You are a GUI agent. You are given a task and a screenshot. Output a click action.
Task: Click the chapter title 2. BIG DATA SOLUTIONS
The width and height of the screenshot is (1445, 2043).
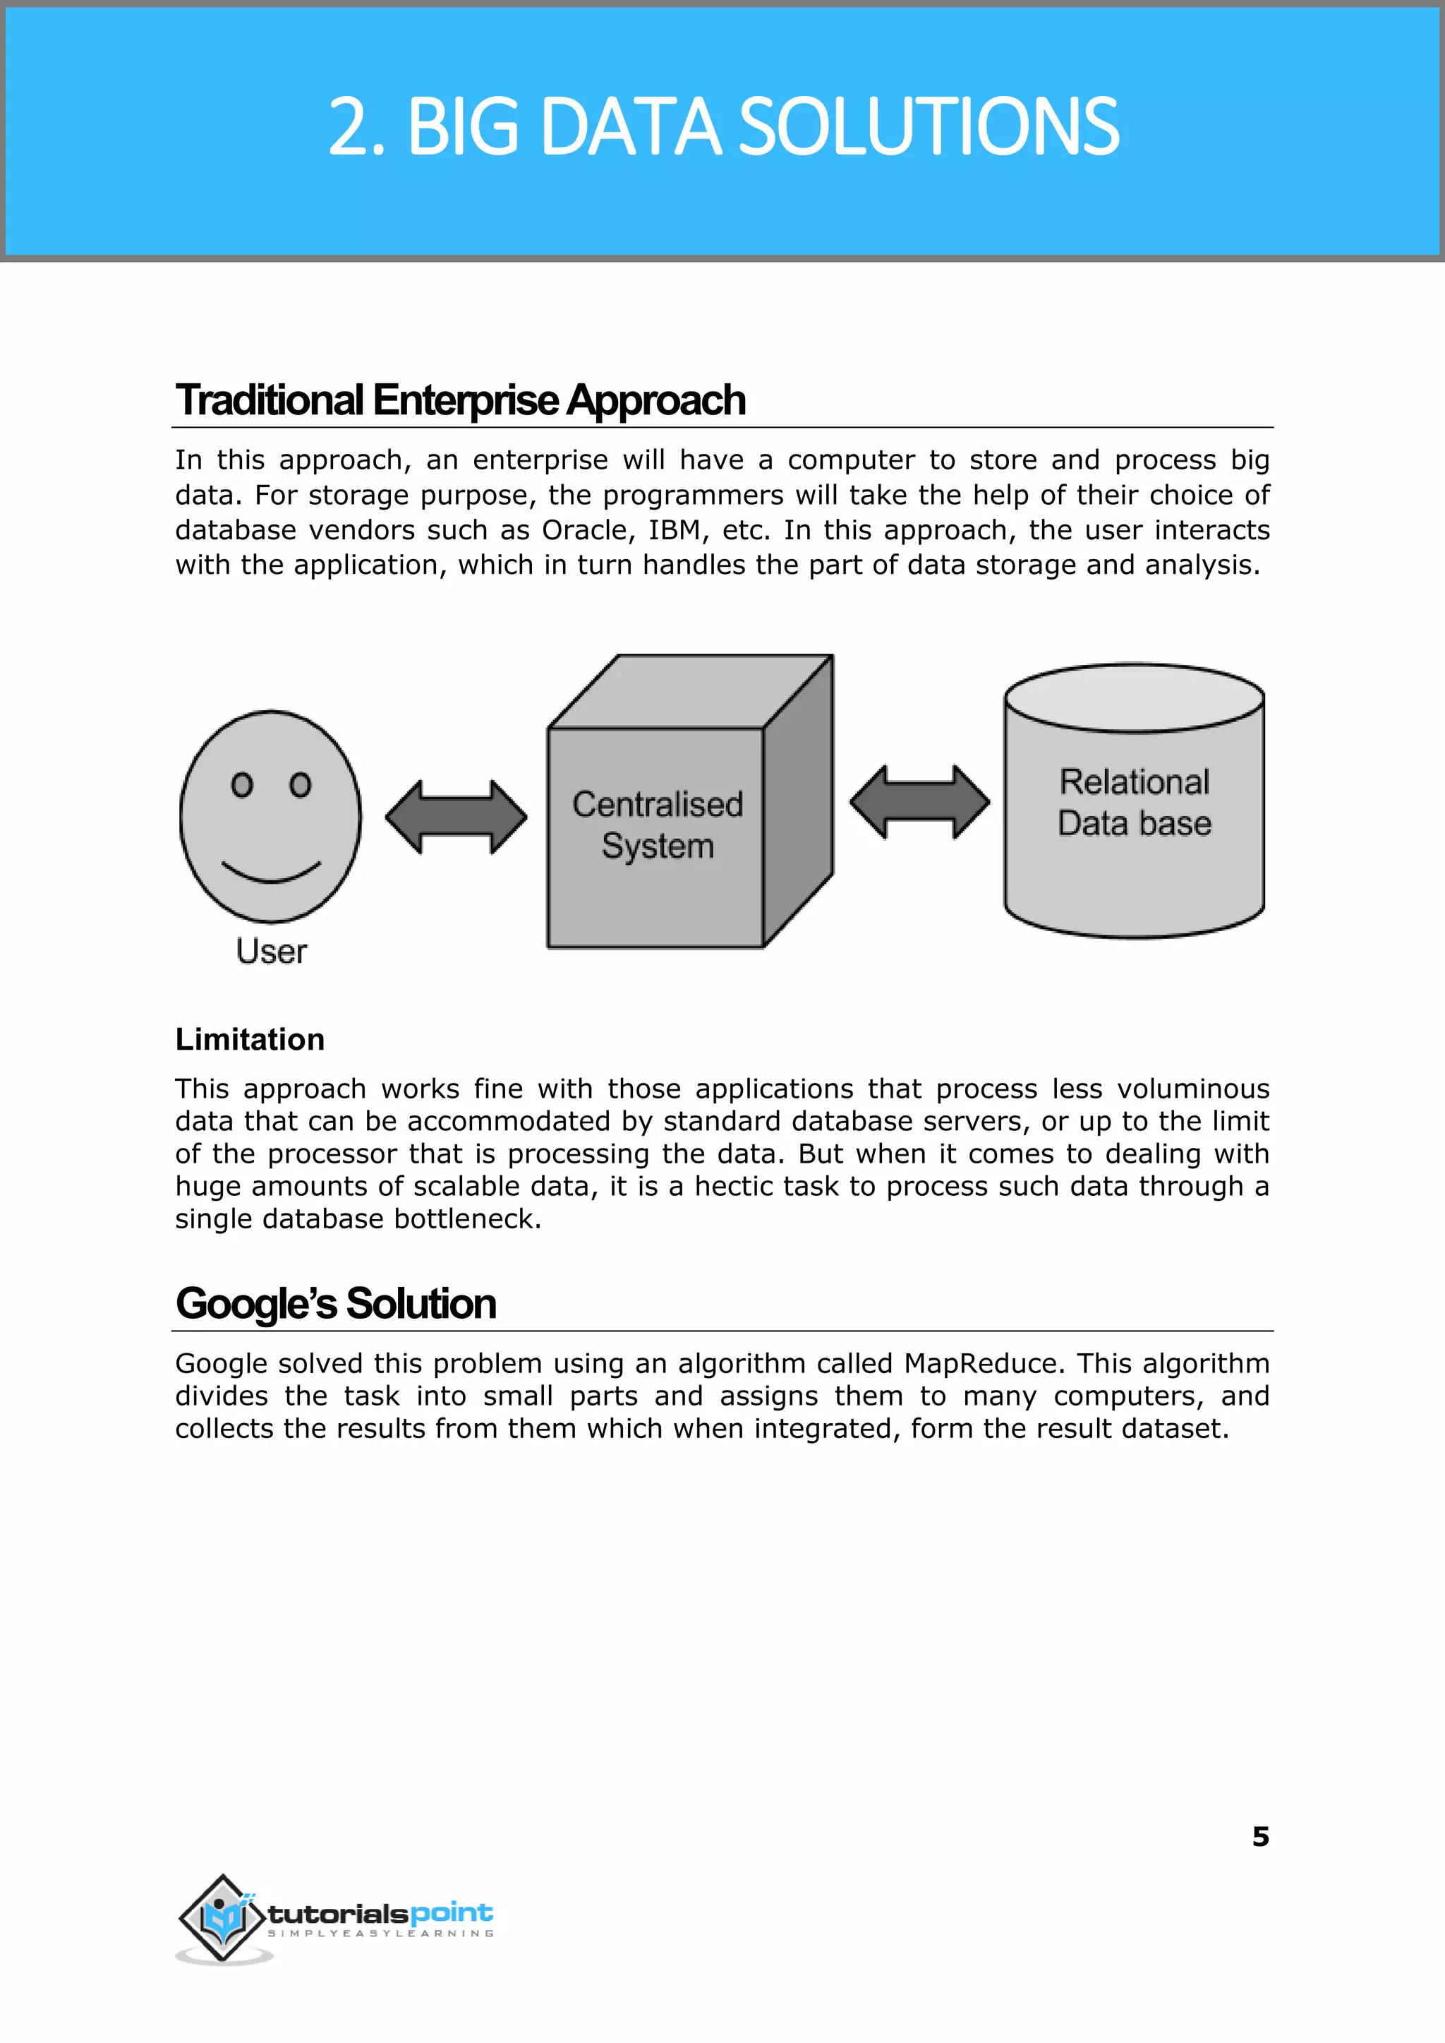[x=722, y=127]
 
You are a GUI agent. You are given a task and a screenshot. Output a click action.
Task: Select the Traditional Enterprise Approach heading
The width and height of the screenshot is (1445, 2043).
[x=460, y=400]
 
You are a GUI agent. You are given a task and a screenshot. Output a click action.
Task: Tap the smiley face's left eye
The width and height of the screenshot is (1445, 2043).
[x=241, y=784]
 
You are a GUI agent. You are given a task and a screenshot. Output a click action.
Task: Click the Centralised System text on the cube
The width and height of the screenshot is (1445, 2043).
[x=658, y=825]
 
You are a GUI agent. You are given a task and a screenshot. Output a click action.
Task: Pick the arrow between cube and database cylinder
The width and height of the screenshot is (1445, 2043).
[x=919, y=802]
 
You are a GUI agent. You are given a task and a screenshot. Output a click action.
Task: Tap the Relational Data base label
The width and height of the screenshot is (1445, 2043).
[x=1135, y=802]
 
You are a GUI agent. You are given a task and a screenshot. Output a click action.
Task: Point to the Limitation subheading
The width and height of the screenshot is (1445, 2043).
[x=250, y=1040]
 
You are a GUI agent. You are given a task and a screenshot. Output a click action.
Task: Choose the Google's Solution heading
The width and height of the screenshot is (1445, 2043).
[x=335, y=1304]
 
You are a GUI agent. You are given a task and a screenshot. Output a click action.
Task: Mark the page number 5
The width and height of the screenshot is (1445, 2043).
[x=1260, y=1836]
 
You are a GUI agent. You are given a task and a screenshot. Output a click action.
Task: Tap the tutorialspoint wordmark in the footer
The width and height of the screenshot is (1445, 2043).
[x=380, y=1913]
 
